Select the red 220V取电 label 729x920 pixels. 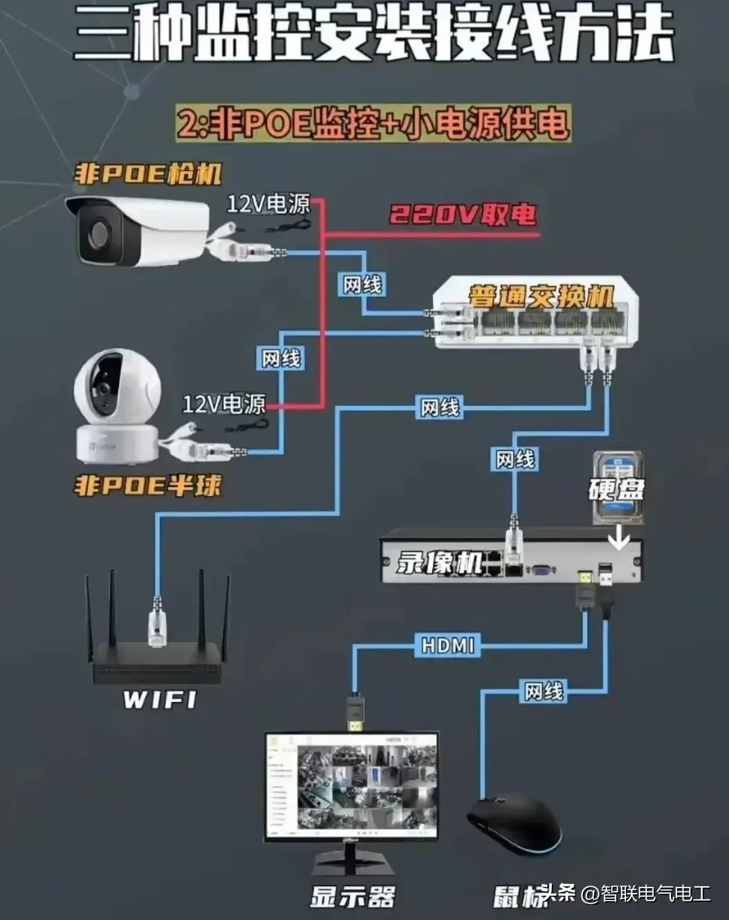[463, 215]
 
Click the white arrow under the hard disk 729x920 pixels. [618, 538]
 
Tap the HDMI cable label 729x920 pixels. [448, 646]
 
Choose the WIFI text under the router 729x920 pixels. [160, 699]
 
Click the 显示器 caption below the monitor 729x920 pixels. [352, 897]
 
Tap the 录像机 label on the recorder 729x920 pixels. [439, 562]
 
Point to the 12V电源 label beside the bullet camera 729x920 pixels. [268, 203]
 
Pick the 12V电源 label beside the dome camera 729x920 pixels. [223, 404]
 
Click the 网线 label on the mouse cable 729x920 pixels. [544, 690]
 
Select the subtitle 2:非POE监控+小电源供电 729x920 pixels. [373, 124]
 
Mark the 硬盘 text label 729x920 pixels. [616, 489]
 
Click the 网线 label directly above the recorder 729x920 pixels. [515, 459]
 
